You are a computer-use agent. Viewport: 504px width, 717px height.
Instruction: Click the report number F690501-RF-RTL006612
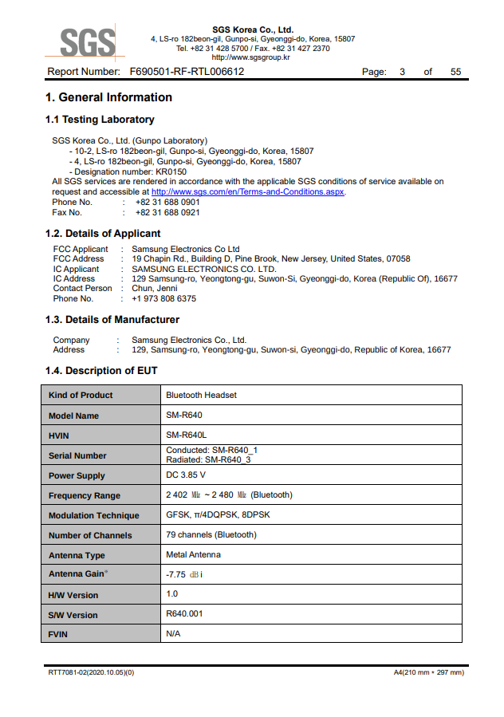pos(187,72)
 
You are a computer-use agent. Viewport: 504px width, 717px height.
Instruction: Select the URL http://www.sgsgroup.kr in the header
pos(250,57)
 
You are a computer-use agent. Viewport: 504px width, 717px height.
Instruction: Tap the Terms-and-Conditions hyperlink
pos(248,191)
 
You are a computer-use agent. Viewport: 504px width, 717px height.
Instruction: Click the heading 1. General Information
pos(109,97)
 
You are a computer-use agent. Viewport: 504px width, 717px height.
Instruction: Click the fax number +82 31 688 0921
pos(167,213)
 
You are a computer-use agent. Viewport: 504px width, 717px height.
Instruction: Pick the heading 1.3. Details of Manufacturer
pos(112,320)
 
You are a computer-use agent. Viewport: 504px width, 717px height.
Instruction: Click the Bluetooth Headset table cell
pos(201,395)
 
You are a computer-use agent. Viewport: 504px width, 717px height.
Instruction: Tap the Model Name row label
pos(74,416)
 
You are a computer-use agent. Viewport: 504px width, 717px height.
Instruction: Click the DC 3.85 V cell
pos(191,475)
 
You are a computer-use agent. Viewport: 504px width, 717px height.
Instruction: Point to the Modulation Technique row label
pos(93,515)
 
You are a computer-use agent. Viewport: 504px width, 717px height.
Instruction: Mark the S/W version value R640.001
pos(184,615)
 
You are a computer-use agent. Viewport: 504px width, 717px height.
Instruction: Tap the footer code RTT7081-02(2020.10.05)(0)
pos(91,672)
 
